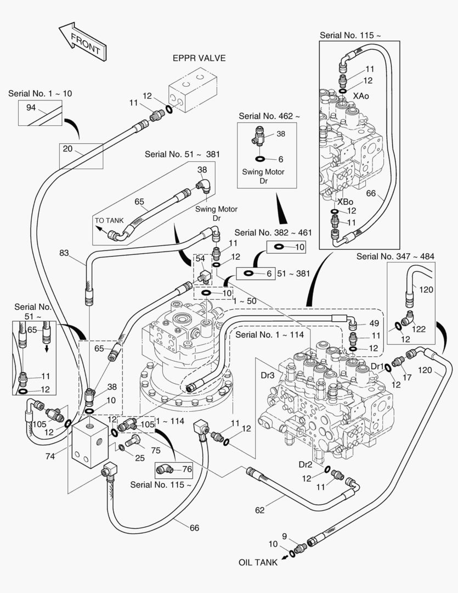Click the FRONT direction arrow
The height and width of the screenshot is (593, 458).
(82, 41)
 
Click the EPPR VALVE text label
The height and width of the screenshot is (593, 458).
(199, 58)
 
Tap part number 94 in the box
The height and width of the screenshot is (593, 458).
(31, 107)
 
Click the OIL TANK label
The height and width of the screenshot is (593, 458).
(257, 563)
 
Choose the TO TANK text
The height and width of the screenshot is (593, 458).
(109, 221)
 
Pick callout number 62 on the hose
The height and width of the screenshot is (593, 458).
(259, 510)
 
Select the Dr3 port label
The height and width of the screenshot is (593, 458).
(267, 376)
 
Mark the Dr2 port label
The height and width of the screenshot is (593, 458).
(306, 464)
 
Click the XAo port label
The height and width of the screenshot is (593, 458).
(361, 96)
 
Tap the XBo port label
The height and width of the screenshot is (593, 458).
(345, 202)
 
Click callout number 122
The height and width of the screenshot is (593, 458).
(420, 329)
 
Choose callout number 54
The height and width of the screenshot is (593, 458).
(200, 258)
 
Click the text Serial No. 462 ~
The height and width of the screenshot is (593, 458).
(269, 116)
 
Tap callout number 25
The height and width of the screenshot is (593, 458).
(139, 457)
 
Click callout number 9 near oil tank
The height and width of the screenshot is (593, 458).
(285, 536)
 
